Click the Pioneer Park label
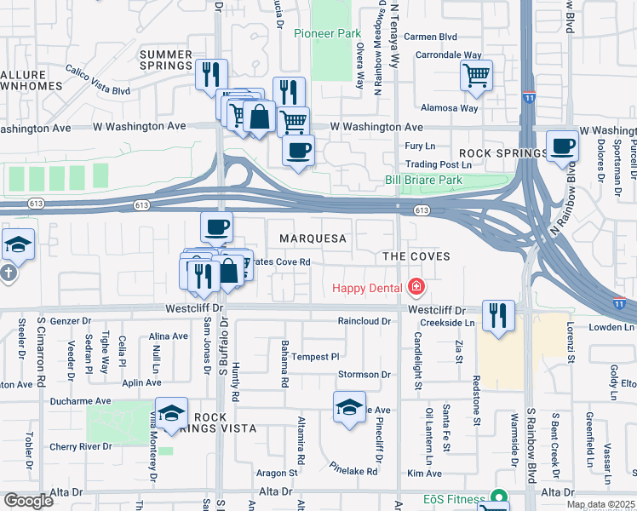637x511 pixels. (328, 33)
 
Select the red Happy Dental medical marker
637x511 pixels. (416, 288)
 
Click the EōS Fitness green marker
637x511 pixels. (498, 497)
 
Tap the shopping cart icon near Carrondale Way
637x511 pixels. (477, 74)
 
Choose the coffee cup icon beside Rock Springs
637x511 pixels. (562, 146)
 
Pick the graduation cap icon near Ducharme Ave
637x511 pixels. (171, 412)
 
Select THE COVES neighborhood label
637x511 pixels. (416, 256)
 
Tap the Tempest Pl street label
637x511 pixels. (316, 357)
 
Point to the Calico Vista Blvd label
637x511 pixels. (97, 79)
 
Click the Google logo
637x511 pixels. (28, 501)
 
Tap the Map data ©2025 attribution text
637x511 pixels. (600, 504)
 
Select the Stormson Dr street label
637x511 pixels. (364, 374)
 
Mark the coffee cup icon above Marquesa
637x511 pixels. (216, 227)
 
